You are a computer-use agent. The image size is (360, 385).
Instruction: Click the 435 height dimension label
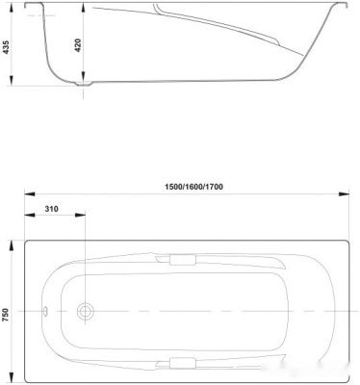pos(7,47)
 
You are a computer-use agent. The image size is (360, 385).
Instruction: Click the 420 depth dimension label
pos(78,45)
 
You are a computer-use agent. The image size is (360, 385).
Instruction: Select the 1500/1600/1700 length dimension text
pos(193,187)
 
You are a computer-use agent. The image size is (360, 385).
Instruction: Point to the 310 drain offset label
pos(51,209)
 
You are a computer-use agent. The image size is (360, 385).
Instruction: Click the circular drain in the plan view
pos(85,311)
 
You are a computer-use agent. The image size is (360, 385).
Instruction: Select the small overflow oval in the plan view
pos(45,311)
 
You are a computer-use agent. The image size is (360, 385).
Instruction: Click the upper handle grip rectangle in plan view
pos(183,260)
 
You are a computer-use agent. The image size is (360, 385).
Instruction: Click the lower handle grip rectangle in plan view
pos(183,363)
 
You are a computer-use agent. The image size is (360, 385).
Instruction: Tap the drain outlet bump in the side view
pos(84,84)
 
